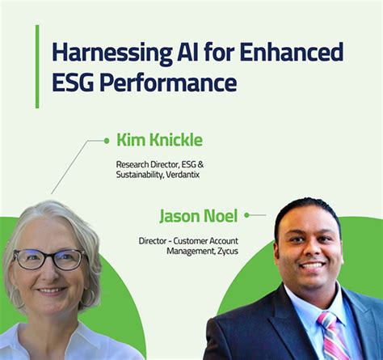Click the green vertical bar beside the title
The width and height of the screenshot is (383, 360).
[x=37, y=66]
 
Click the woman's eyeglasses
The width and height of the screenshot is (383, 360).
[x=50, y=259]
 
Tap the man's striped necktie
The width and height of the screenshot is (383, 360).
[x=331, y=336]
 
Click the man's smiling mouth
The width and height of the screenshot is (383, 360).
[x=312, y=265]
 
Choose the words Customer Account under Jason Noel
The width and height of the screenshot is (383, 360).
[x=210, y=240]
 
